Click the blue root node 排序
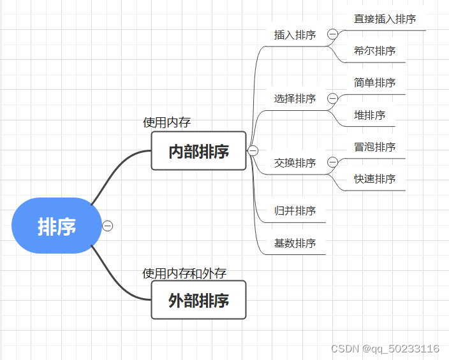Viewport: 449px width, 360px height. tap(57, 226)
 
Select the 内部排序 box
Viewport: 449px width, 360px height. tap(198, 151)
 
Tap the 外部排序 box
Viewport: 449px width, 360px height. tap(198, 300)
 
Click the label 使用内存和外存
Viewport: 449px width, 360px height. tap(184, 273)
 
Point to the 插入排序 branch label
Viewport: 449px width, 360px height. tap(295, 35)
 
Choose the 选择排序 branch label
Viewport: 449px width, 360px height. tap(295, 99)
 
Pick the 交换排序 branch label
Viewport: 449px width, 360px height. tap(295, 163)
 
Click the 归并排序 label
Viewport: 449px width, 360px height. tap(295, 211)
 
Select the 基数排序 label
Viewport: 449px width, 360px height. tap(295, 243)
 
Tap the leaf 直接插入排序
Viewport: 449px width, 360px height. tap(385, 19)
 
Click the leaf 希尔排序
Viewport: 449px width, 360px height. tap(374, 51)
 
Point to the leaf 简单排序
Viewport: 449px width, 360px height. tap(374, 83)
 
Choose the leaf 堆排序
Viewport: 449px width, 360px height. tap(369, 115)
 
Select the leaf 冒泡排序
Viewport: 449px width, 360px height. tap(374, 147)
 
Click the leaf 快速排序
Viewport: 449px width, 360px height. tap(374, 179)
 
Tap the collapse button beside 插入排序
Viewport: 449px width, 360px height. tap(332, 34)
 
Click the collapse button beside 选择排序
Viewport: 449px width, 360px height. tap(332, 99)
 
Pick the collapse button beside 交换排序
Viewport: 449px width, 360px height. tap(332, 163)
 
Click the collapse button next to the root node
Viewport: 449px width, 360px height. tap(108, 226)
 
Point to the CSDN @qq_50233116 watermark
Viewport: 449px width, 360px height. tap(385, 349)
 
